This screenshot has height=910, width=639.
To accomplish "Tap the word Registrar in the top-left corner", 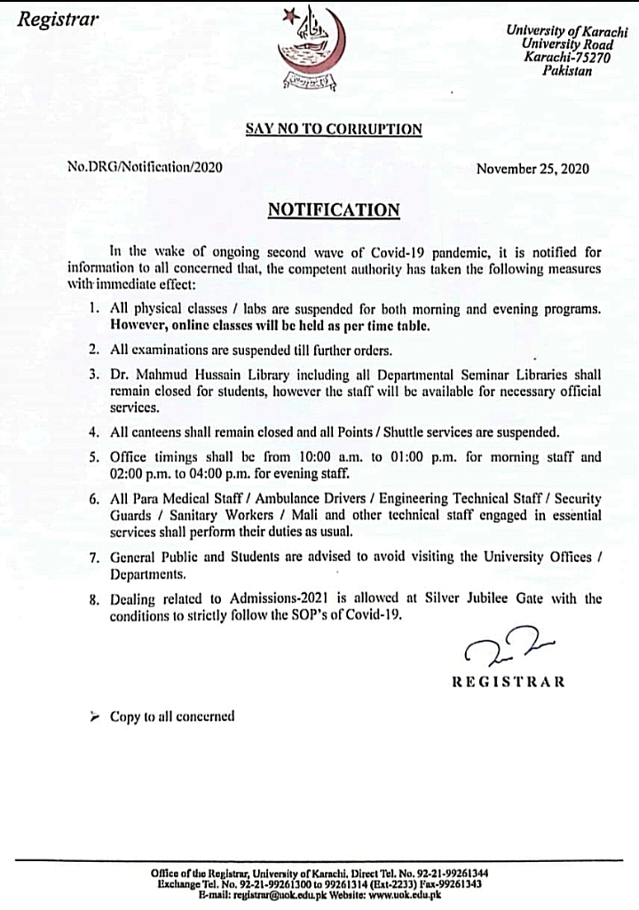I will point(55,19).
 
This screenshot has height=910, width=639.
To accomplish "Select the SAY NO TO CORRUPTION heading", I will point(333,129).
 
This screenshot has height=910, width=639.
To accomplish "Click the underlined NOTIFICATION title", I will point(334,210).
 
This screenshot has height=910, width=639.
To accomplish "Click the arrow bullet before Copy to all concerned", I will point(96,716).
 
